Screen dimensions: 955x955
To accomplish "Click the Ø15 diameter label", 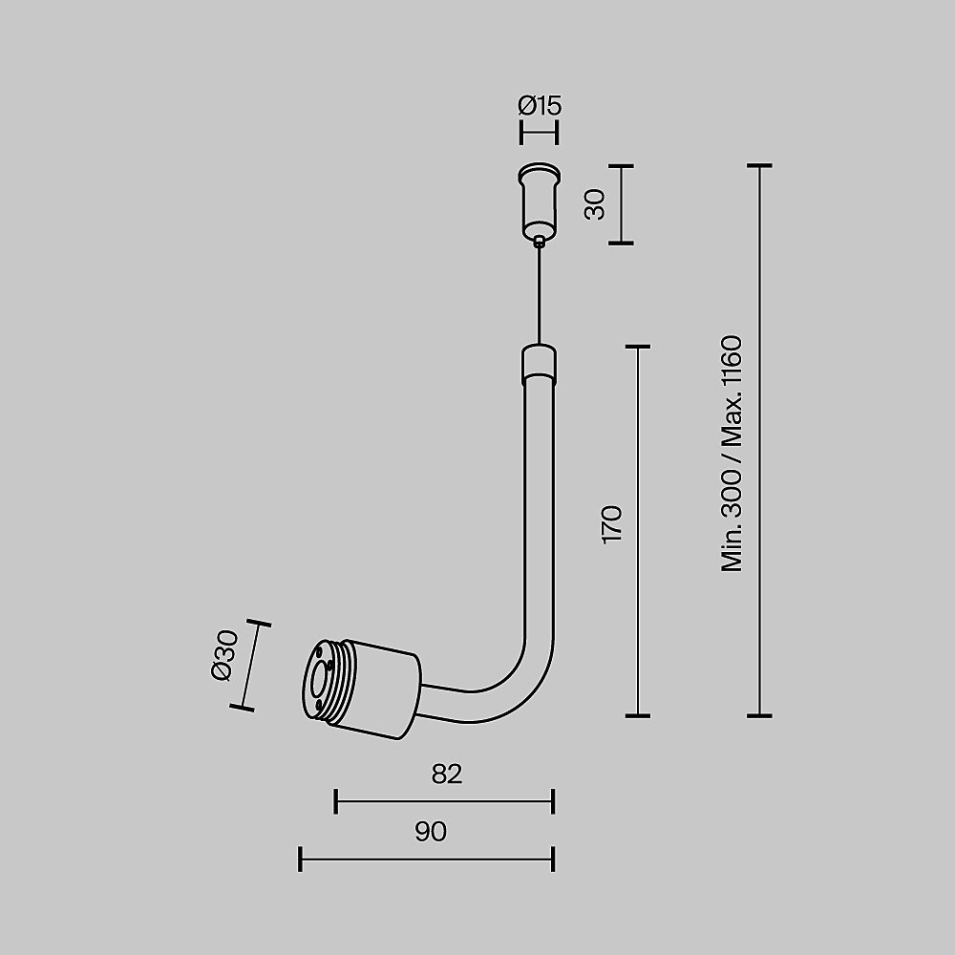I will (x=540, y=105).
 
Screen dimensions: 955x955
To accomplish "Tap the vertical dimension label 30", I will (x=595, y=204).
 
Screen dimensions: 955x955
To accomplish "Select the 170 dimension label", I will (x=612, y=524).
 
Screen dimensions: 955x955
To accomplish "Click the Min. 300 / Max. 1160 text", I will (x=732, y=454).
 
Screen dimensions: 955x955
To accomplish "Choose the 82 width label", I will (x=446, y=774).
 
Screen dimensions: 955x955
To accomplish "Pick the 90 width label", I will (x=431, y=832).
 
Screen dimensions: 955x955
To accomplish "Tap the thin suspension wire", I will (x=540, y=296).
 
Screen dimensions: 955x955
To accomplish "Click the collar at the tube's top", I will (x=539, y=363).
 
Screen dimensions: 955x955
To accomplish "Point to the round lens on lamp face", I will (x=316, y=681).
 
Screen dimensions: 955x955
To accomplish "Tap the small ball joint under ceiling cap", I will (x=541, y=242).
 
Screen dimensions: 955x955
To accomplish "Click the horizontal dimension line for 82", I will (x=444, y=801).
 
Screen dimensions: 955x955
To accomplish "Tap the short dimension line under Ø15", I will (x=539, y=133).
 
